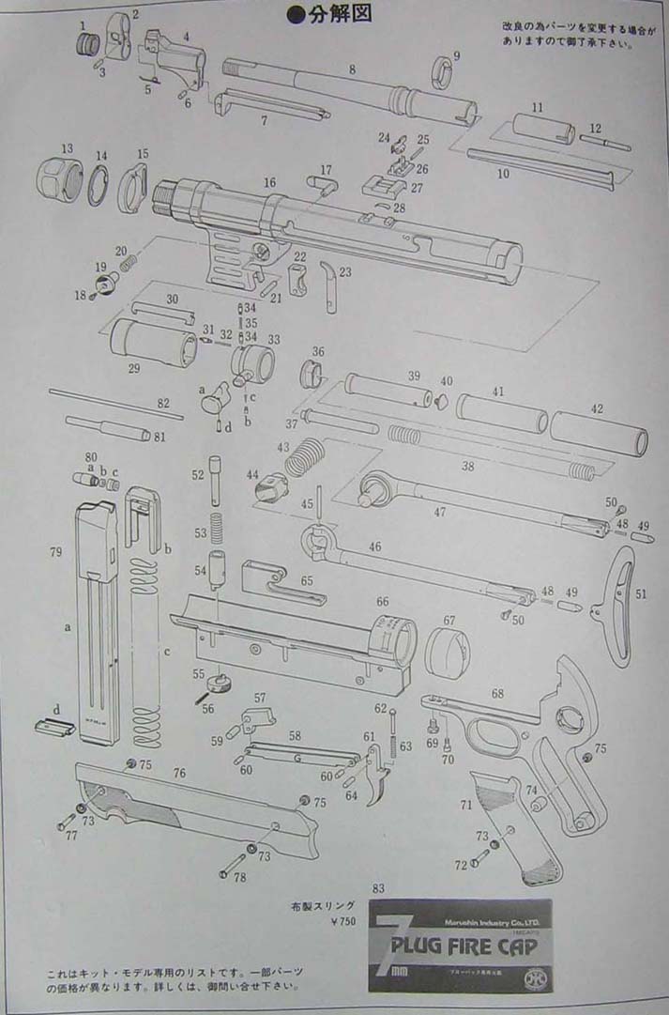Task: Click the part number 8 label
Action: (x=352, y=69)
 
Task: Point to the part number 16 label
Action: (x=270, y=181)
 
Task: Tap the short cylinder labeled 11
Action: (x=542, y=128)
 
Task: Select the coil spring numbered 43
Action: (x=303, y=461)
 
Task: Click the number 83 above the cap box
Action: (x=378, y=888)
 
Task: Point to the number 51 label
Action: (x=641, y=593)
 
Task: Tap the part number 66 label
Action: (x=382, y=601)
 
